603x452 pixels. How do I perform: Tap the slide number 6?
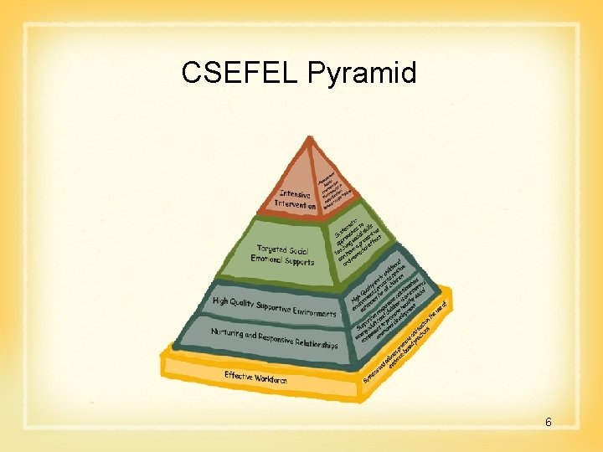click(x=549, y=422)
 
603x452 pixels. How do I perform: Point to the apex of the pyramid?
click(x=311, y=137)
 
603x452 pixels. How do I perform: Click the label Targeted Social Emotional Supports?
click(x=283, y=254)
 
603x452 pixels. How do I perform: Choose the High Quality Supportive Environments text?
click(x=275, y=307)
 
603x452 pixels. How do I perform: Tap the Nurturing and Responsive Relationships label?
click(x=275, y=339)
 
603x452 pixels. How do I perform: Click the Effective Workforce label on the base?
click(x=255, y=378)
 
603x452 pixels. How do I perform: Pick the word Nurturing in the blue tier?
click(x=227, y=332)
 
